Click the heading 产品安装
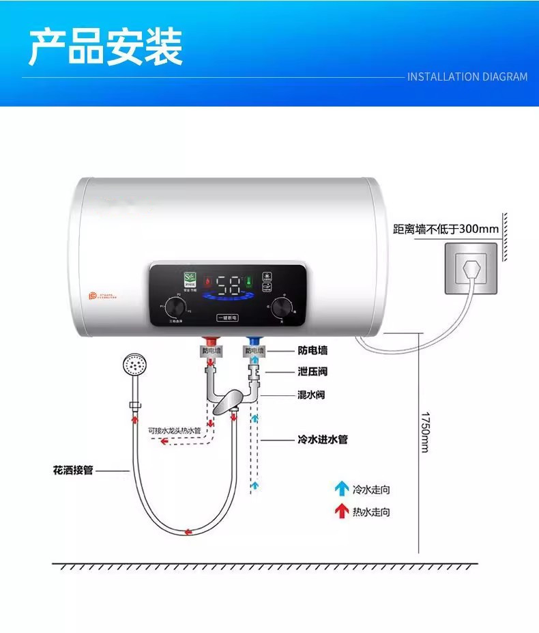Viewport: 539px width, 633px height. [x=106, y=47]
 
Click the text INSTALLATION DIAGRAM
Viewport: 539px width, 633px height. [x=467, y=76]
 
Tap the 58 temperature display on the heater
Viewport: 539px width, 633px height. [x=227, y=285]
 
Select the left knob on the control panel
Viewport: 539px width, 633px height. [x=175, y=309]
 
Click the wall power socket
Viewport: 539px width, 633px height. [x=471, y=268]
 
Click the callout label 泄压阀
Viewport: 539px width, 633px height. [x=312, y=372]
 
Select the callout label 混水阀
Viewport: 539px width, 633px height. [x=312, y=395]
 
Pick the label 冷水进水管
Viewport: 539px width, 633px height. [x=323, y=439]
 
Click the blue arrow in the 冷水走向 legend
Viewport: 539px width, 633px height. [x=341, y=489]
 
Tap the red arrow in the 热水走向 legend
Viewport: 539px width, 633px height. [x=341, y=511]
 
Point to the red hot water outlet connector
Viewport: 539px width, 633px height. [x=211, y=341]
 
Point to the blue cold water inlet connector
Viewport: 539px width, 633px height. [x=253, y=341]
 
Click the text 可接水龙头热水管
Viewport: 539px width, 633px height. [x=174, y=431]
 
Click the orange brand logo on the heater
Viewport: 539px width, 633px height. [x=94, y=296]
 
